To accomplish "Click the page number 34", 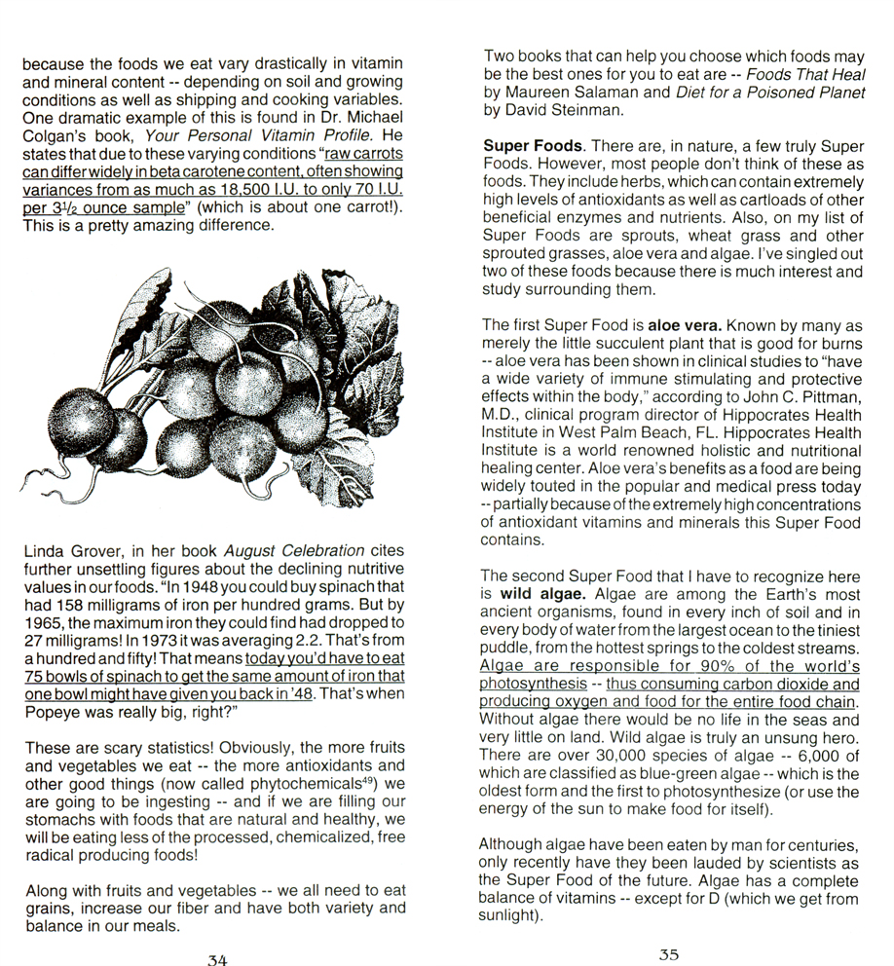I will (x=217, y=959).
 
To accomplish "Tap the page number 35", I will (x=668, y=954).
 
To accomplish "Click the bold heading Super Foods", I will (x=533, y=146).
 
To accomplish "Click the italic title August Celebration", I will (x=282, y=551).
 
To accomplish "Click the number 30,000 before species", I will (x=608, y=758).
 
